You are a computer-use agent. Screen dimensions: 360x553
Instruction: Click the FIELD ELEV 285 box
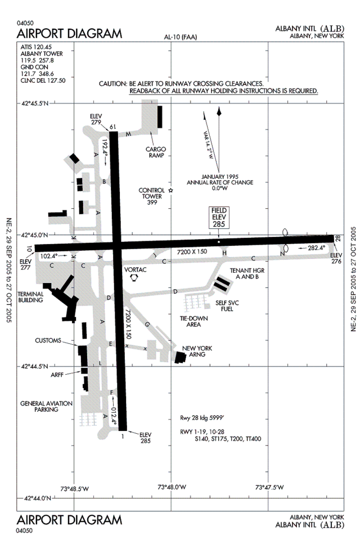(x=219, y=218)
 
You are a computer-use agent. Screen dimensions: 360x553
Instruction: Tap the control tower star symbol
(x=171, y=191)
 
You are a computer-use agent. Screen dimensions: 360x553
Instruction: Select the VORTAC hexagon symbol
(x=134, y=277)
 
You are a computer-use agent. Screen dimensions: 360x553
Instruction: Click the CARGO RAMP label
(x=155, y=152)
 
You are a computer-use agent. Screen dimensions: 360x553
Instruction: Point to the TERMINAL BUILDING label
(x=31, y=297)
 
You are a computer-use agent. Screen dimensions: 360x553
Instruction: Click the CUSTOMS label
(x=48, y=340)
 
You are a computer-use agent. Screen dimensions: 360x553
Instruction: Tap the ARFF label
(x=57, y=375)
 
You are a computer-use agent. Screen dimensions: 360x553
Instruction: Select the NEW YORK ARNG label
(x=197, y=351)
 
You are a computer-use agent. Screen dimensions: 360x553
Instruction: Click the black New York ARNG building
(x=181, y=357)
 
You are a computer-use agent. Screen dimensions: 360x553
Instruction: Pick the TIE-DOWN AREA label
(x=193, y=321)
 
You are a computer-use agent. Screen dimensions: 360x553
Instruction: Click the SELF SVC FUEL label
(x=227, y=306)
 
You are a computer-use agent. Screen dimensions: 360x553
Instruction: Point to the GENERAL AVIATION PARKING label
(x=46, y=406)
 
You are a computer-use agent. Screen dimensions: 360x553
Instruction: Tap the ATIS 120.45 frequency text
(x=36, y=47)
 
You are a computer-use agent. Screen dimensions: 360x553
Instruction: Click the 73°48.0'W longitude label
(x=172, y=487)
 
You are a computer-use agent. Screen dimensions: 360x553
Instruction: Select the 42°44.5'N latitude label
(x=34, y=366)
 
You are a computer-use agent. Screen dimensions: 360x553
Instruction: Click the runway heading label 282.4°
(x=317, y=248)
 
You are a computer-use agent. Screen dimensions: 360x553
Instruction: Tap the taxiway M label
(x=128, y=134)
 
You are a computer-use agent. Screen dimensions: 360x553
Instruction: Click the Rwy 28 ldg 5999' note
(x=202, y=418)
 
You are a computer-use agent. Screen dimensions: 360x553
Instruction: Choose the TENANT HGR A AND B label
(x=247, y=273)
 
